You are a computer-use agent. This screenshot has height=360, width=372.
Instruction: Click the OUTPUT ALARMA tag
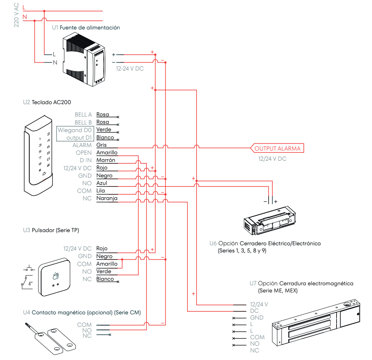[x=277, y=148]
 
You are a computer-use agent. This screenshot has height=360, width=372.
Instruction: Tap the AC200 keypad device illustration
[x=38, y=156]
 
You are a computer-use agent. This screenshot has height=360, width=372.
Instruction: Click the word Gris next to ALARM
[x=101, y=145]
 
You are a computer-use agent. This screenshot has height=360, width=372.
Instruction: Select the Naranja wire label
[x=107, y=198]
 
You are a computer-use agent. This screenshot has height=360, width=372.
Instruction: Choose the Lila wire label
[x=100, y=191]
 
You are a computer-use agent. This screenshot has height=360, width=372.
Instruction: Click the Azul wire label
[x=101, y=183]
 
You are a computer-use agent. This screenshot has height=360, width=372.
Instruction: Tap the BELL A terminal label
[x=83, y=114]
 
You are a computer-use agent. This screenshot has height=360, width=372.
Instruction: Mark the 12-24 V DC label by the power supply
[x=130, y=69]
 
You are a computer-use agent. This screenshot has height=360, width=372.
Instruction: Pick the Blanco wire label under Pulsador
[x=105, y=279]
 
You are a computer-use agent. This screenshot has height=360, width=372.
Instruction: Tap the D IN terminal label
[x=85, y=160]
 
